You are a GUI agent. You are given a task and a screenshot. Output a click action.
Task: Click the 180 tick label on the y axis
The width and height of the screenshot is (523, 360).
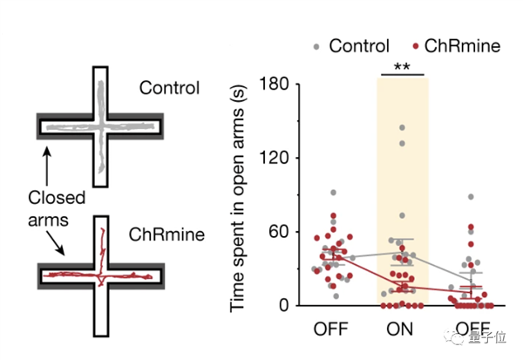tap(274, 84)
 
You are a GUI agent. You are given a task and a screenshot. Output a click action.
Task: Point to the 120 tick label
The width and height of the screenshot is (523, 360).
tap(274, 158)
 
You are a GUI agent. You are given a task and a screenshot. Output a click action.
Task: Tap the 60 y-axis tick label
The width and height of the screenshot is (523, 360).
tap(279, 232)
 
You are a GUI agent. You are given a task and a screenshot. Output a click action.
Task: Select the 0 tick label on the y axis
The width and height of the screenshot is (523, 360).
tap(284, 305)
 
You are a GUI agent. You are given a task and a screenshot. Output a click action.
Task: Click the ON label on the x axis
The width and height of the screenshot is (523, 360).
tap(399, 329)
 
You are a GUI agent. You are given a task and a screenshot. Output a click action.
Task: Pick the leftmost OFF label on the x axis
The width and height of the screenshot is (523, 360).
tap(331, 329)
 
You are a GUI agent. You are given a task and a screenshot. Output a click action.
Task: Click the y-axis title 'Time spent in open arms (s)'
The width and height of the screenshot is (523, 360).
tap(238, 198)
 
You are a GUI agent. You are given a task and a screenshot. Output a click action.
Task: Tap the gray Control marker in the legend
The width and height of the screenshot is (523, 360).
tap(316, 47)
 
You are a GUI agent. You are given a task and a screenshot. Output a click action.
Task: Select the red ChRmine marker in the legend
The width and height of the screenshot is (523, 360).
tap(415, 46)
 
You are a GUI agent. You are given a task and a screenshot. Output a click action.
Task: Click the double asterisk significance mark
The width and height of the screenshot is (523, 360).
tap(402, 66)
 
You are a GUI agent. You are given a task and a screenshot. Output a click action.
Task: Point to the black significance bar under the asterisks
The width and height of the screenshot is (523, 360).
tap(403, 75)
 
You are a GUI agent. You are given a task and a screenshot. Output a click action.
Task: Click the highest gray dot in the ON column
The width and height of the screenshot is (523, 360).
tap(402, 127)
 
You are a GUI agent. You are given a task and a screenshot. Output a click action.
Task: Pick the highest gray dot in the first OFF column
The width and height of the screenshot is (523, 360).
tap(333, 193)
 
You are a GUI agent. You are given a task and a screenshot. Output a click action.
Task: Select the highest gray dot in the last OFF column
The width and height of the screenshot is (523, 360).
tap(471, 197)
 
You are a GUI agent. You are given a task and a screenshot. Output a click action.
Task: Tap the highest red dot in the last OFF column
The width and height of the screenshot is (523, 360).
tap(471, 228)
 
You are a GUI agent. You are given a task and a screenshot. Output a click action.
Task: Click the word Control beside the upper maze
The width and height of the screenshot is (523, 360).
tap(169, 88)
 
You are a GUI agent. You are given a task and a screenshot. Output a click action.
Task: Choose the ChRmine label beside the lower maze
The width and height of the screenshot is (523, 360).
tap(166, 234)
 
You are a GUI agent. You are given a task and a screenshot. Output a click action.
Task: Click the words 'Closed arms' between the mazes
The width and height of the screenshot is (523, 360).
tap(57, 209)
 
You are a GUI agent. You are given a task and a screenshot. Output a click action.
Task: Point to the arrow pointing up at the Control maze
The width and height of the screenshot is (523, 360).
tap(47, 166)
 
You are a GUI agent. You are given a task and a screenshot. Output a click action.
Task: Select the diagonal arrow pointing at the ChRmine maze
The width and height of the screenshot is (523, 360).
tap(56, 243)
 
